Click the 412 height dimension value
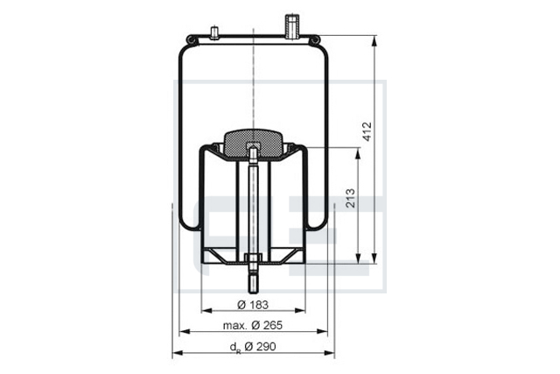point(367,131)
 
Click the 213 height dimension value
point(351,199)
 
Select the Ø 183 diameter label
point(253,305)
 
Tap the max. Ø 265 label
point(253,325)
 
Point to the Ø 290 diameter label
point(261,347)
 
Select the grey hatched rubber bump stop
point(253,144)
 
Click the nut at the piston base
point(253,258)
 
